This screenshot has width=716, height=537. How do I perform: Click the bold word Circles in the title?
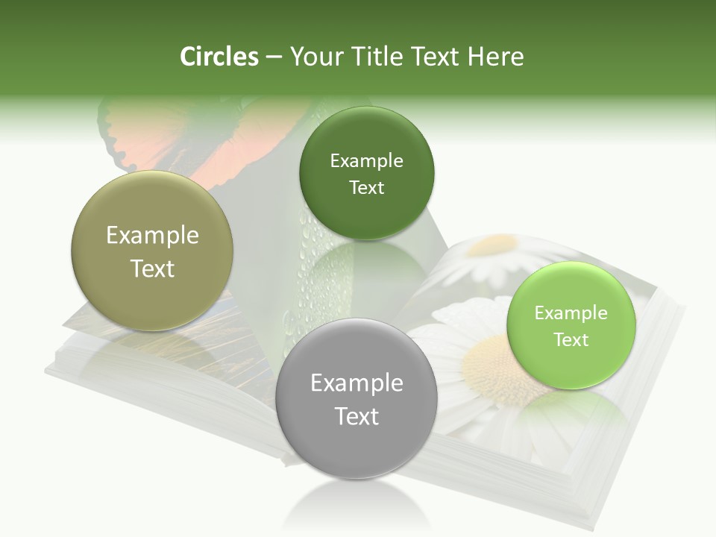pyautogui.click(x=219, y=57)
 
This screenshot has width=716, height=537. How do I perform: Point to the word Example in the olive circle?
pyautogui.click(x=152, y=236)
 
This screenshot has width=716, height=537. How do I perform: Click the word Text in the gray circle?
pyautogui.click(x=357, y=416)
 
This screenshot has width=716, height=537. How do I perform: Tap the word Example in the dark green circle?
pyautogui.click(x=366, y=161)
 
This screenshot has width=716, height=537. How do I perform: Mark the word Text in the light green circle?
pyautogui.click(x=571, y=340)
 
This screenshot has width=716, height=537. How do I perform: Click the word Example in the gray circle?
pyautogui.click(x=357, y=383)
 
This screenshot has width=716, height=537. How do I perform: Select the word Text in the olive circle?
pyautogui.click(x=152, y=268)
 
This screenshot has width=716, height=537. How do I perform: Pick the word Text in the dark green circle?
pyautogui.click(x=366, y=188)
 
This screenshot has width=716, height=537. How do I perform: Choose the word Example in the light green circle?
pyautogui.click(x=571, y=313)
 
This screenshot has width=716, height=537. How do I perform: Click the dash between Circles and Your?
pyautogui.click(x=274, y=57)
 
